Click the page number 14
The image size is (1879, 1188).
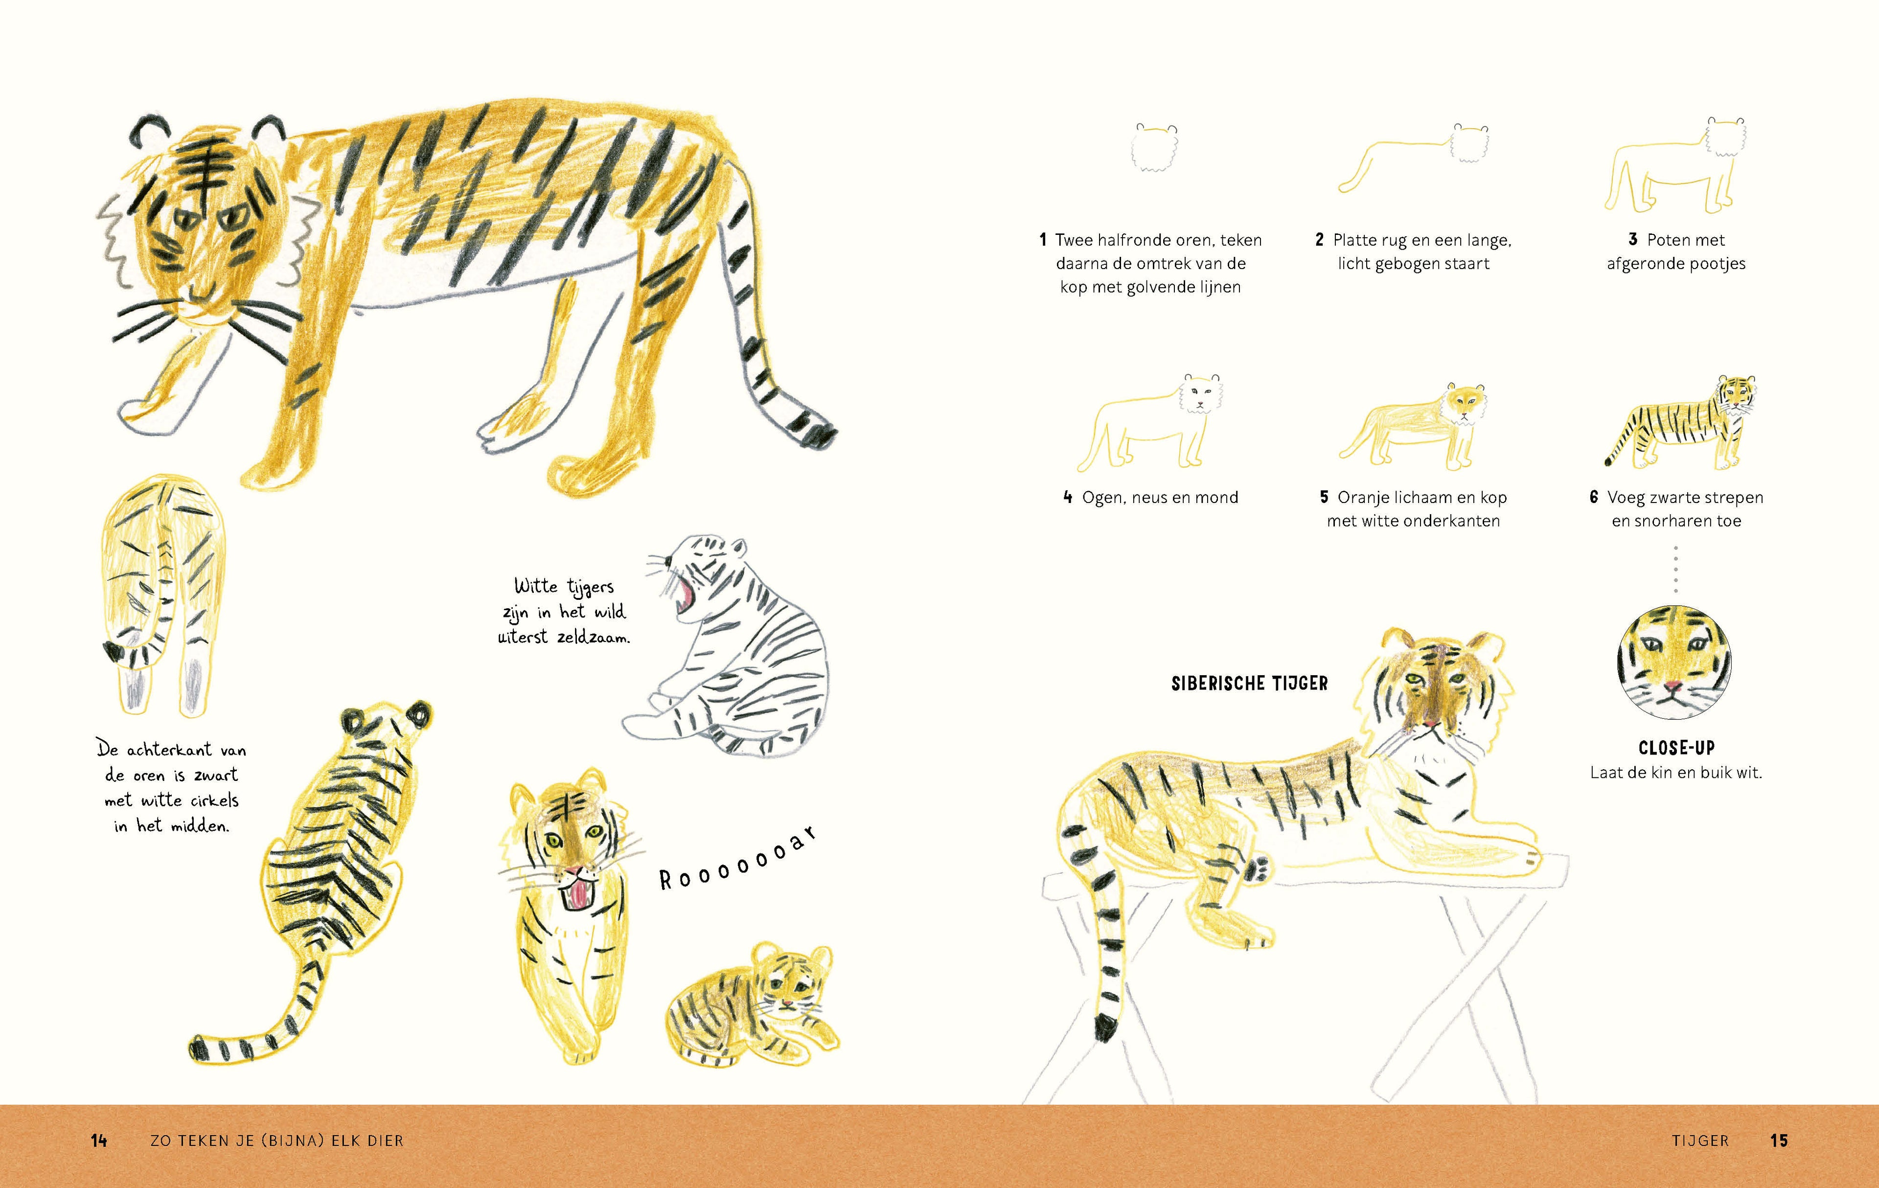coord(99,1141)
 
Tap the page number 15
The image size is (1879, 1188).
coord(1779,1141)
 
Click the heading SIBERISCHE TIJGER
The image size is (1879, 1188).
coord(1249,684)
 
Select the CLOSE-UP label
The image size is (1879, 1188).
coord(1676,747)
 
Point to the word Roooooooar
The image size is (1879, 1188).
coord(737,858)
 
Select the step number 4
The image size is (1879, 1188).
coord(1068,497)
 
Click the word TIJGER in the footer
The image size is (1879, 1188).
coord(1700,1141)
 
